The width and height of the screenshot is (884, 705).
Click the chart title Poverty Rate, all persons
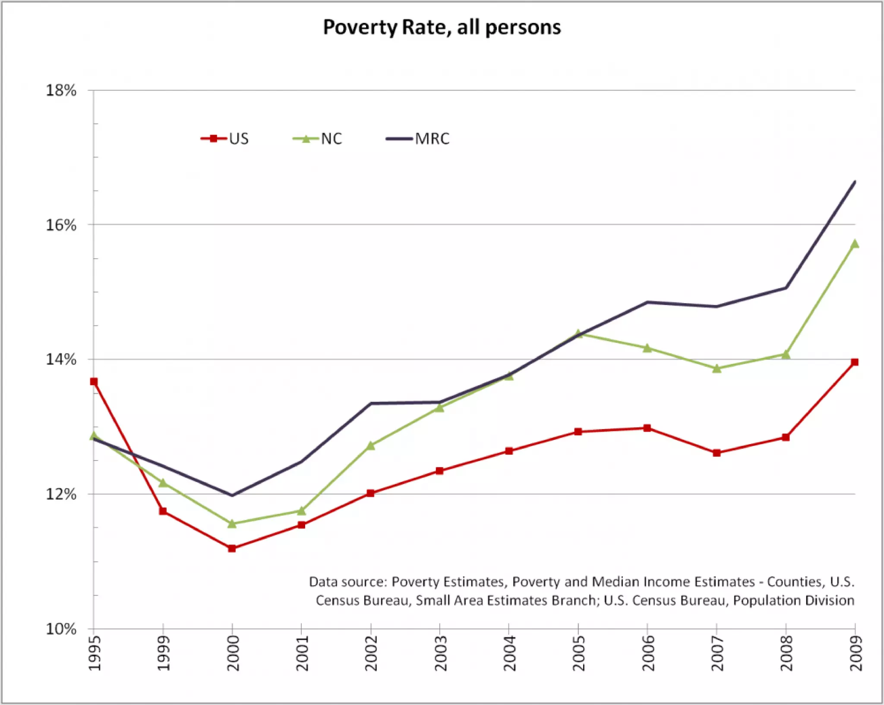click(442, 28)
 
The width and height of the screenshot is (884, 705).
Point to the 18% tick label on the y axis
click(61, 91)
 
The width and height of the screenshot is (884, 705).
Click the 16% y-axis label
click(61, 225)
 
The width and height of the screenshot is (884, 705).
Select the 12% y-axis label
click(61, 494)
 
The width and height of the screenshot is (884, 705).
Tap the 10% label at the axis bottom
click(61, 629)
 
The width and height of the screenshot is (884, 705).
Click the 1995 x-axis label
click(94, 653)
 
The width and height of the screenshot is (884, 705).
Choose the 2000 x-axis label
click(233, 653)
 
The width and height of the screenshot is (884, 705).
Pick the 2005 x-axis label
click(578, 653)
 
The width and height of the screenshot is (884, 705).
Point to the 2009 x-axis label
click(856, 653)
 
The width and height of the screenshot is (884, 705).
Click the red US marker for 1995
click(94, 382)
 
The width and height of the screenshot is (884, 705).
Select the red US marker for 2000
click(232, 548)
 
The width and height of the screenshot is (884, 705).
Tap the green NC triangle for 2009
click(855, 244)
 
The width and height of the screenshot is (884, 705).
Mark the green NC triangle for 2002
click(370, 445)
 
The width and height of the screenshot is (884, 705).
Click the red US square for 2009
click(855, 362)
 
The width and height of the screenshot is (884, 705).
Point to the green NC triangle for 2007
click(717, 369)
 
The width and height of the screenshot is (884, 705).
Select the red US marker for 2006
click(647, 428)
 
